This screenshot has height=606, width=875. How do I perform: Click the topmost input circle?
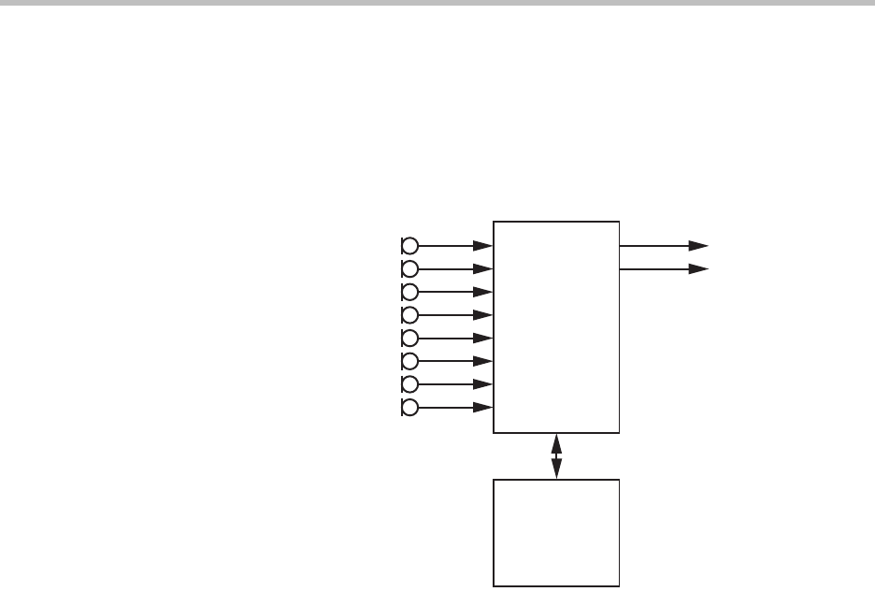point(409,246)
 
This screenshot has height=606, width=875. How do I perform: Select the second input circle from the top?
point(409,268)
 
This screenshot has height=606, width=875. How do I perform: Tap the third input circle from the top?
point(409,292)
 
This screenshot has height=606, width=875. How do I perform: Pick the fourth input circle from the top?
point(409,314)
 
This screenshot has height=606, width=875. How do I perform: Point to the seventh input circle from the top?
point(409,384)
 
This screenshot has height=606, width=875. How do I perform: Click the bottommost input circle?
point(409,408)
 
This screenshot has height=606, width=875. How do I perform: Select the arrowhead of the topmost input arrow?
point(484,246)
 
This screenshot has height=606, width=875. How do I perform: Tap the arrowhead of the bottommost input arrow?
point(484,408)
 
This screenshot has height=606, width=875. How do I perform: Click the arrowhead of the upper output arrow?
point(699,246)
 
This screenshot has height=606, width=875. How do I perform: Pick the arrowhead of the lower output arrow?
point(699,269)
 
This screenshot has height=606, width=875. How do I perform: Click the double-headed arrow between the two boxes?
point(557,456)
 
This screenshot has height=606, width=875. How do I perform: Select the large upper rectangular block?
point(556,327)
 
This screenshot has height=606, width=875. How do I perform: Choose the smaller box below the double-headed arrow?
point(556,533)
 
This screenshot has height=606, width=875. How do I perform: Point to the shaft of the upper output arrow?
point(654,246)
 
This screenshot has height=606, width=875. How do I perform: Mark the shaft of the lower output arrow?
point(654,269)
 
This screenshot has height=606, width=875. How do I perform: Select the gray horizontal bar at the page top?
point(437,4)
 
